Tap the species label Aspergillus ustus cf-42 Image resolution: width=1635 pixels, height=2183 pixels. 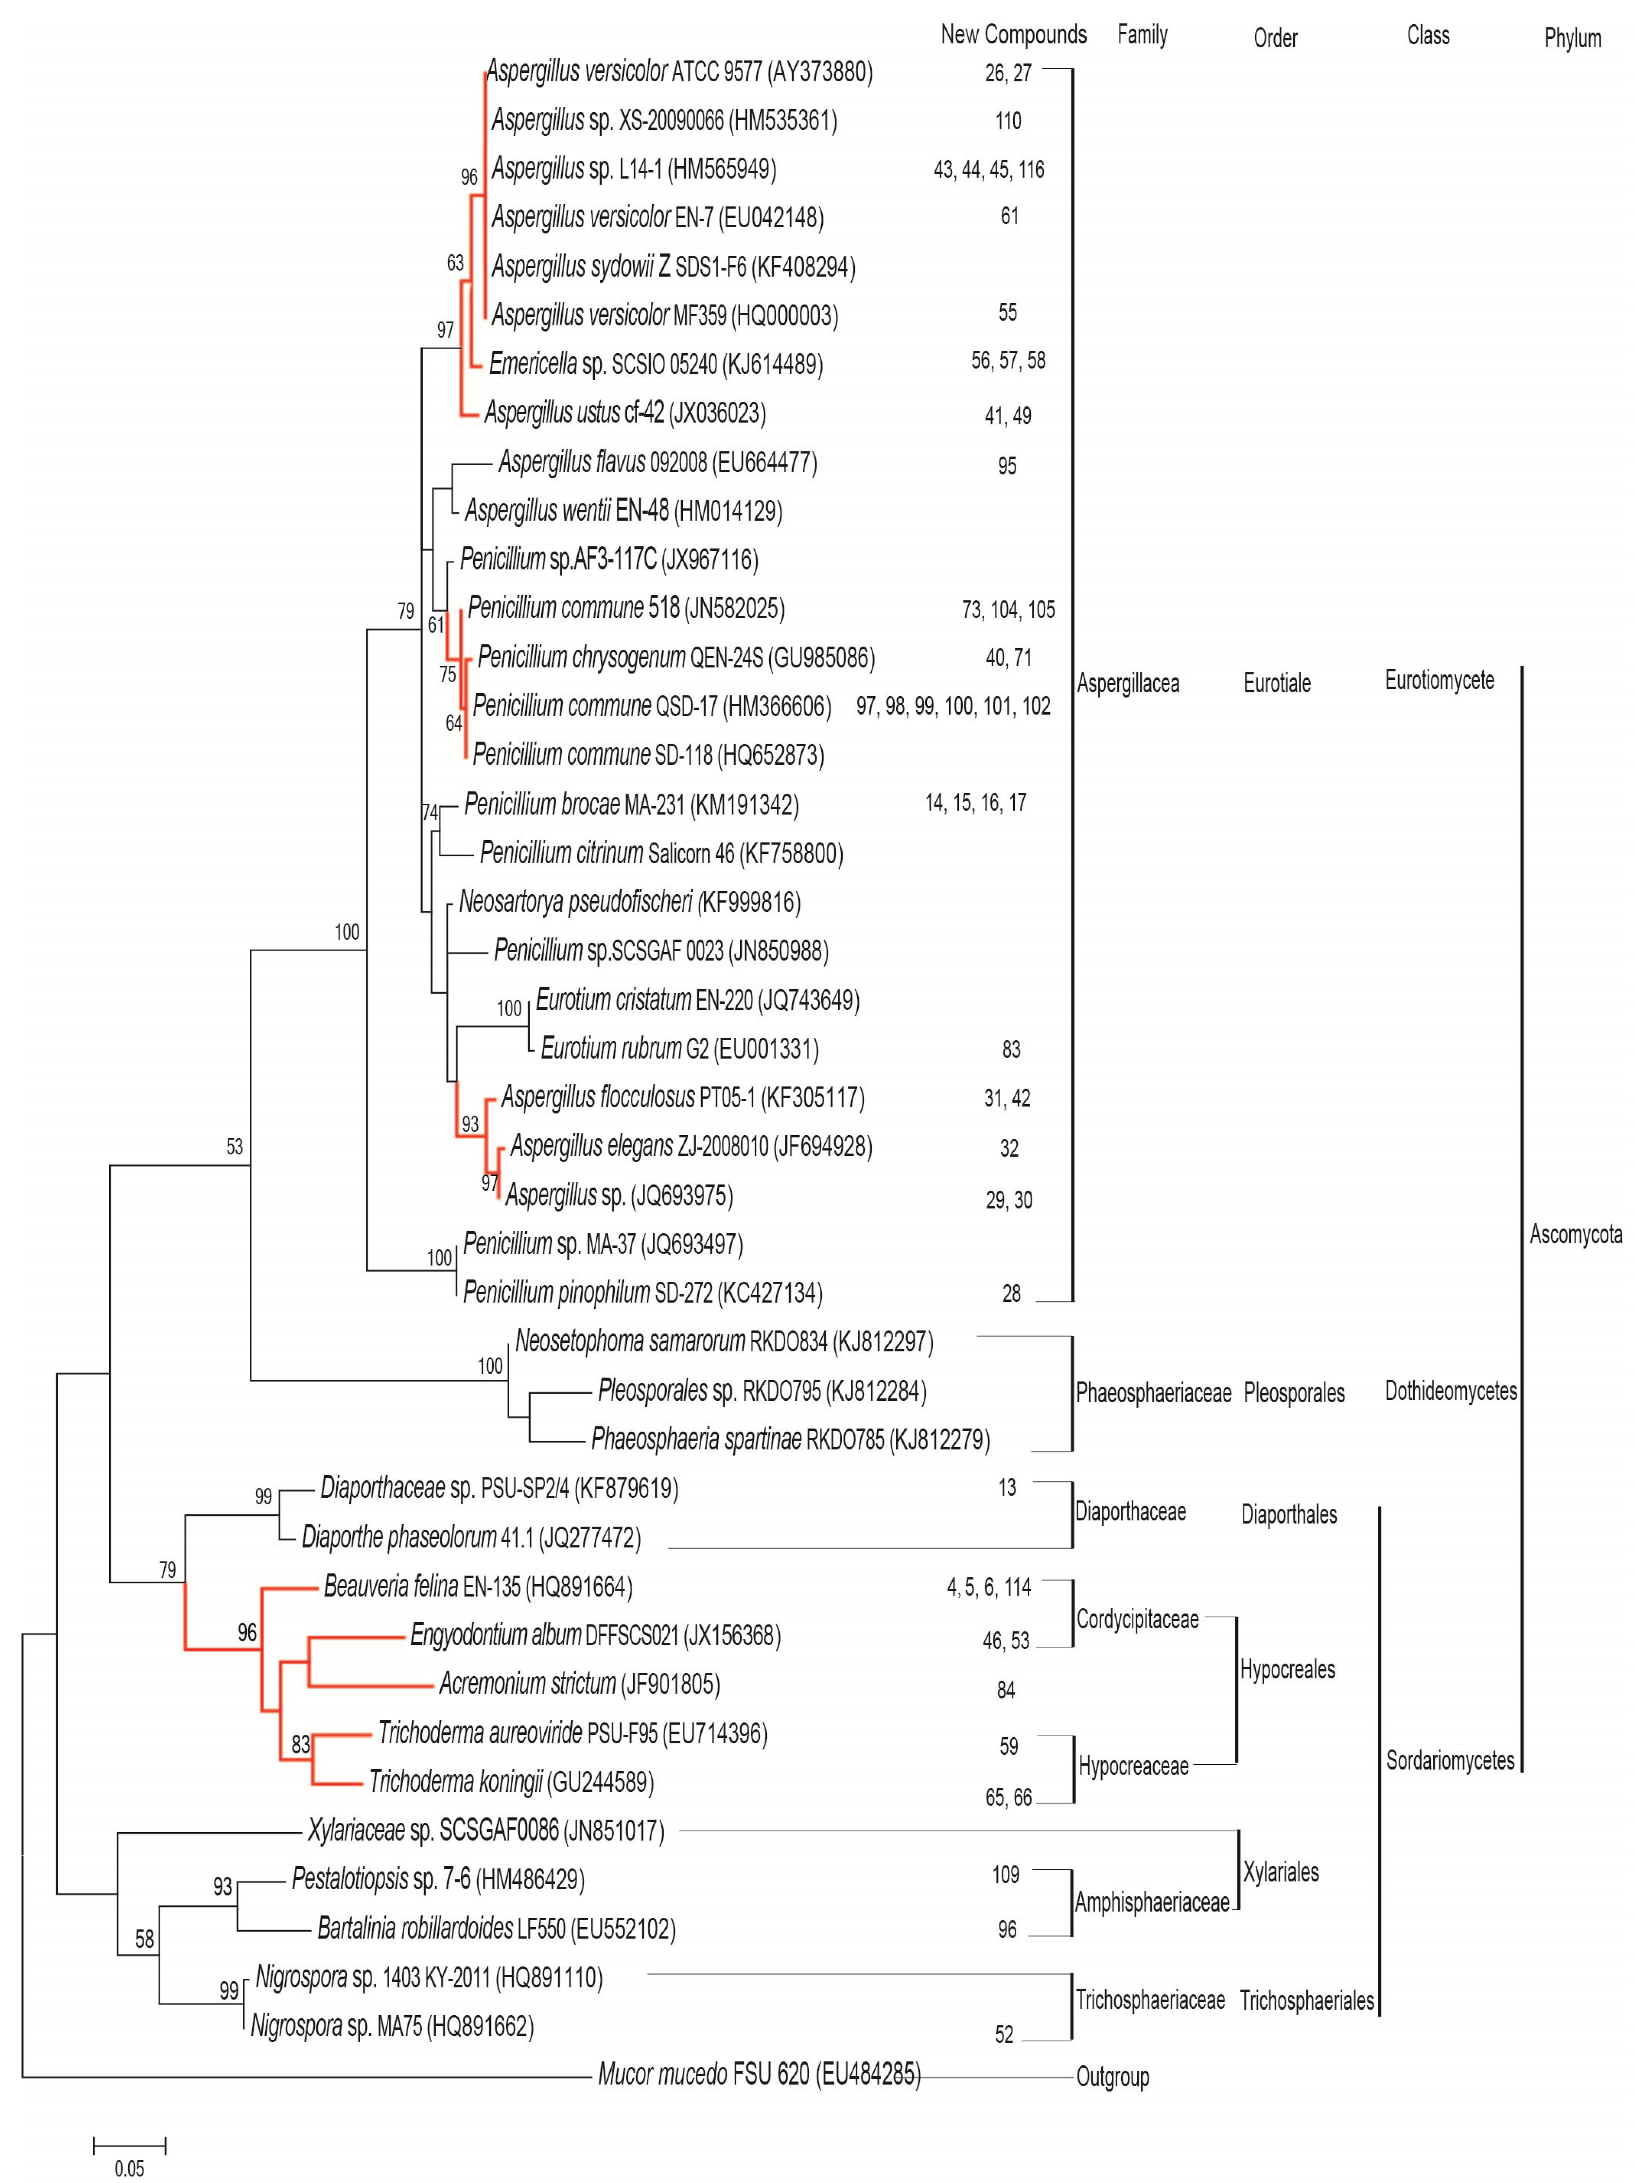click(x=625, y=413)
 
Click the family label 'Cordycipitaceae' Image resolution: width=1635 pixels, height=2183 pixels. click(x=1137, y=1619)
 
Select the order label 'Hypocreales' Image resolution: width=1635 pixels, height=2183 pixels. click(x=1287, y=1670)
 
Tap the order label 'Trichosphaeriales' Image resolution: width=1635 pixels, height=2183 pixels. click(x=1307, y=2000)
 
